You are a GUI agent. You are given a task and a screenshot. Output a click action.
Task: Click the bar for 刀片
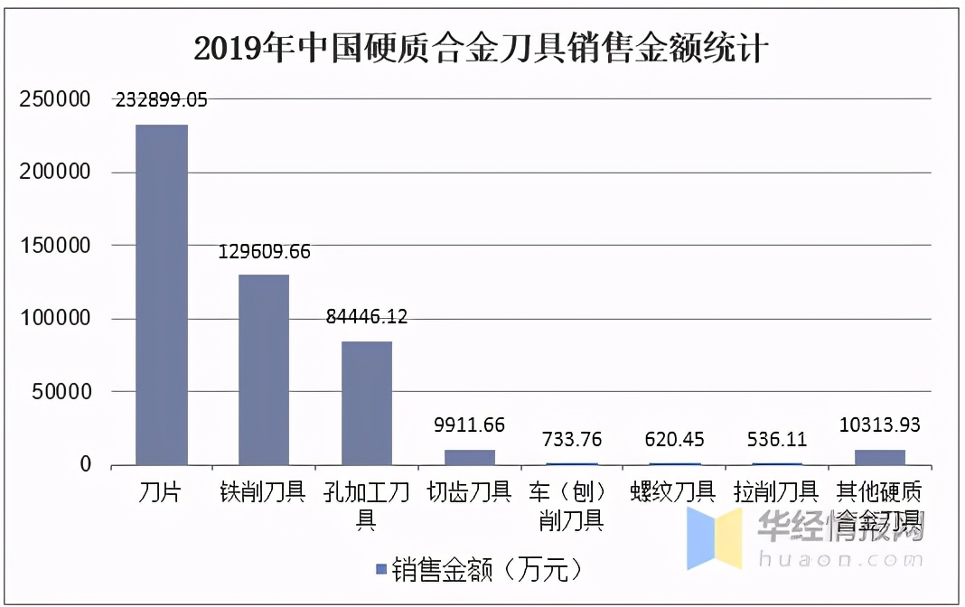coord(162,294)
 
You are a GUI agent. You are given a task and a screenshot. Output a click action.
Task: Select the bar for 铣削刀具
coord(264,369)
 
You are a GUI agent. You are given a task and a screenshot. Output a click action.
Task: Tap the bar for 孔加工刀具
coord(367,403)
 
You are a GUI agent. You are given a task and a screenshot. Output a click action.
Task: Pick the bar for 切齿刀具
coord(470,457)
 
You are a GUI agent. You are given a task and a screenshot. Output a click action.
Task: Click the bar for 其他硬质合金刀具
coord(880,457)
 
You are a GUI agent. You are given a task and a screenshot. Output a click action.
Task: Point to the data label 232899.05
coord(161,100)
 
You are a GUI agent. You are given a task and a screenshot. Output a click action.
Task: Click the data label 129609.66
coord(264,252)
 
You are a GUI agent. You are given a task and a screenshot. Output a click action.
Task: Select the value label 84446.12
coord(367,317)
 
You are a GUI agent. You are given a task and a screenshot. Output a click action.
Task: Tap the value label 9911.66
coord(470,425)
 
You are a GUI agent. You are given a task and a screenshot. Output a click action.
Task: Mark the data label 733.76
coord(572,440)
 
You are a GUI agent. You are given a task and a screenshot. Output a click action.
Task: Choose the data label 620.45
coord(674,440)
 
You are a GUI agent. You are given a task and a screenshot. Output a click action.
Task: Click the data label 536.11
coord(777,440)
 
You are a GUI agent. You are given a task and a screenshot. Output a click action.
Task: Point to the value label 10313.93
coord(880,425)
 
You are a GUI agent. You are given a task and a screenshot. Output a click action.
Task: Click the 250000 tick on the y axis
coord(55,99)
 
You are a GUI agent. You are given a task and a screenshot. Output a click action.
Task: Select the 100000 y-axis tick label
coord(55,319)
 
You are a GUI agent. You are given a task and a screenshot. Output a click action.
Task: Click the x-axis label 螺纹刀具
coord(674,492)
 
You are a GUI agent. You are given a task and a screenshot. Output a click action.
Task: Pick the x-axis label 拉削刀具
coord(777,492)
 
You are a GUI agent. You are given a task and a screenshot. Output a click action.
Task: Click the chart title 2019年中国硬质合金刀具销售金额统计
coord(482,48)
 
